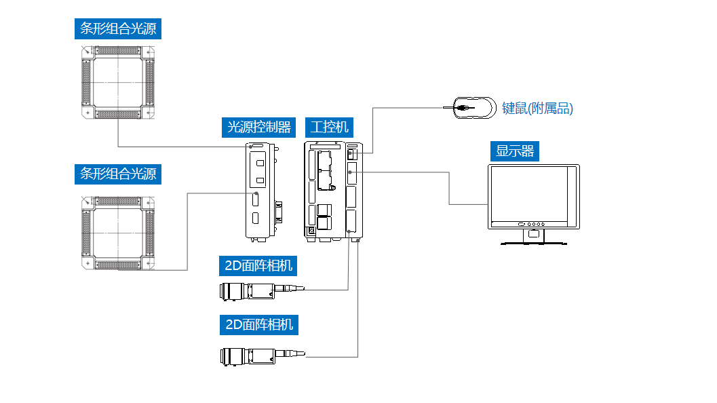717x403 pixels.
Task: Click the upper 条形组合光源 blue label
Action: (118, 29)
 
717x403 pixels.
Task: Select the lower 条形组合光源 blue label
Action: (118, 174)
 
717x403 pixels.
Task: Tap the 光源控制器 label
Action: (258, 127)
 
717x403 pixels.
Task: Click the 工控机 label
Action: (329, 127)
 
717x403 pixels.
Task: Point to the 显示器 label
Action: (514, 151)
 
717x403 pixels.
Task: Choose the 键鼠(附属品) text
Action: (537, 109)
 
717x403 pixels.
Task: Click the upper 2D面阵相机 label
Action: (258, 266)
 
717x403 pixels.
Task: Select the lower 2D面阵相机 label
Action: (258, 325)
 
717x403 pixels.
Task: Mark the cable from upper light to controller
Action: (176, 147)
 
